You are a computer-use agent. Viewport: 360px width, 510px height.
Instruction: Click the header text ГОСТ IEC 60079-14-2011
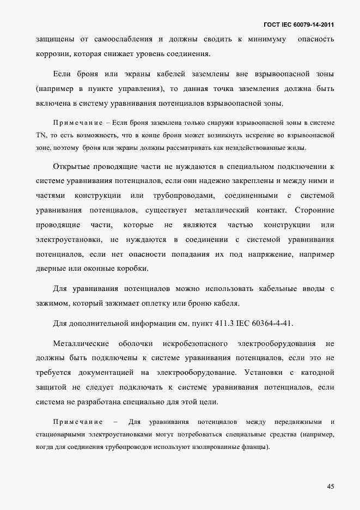point(298,25)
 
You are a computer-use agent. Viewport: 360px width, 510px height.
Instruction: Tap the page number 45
point(331,486)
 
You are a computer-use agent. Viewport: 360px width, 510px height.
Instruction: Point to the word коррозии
point(52,54)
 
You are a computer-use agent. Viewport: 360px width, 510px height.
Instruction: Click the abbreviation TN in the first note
point(41,134)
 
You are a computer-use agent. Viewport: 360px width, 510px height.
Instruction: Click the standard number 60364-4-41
point(270,323)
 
